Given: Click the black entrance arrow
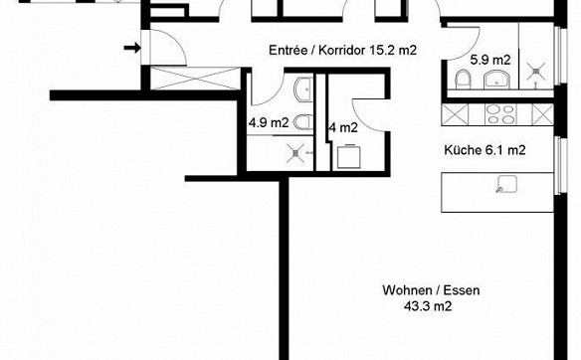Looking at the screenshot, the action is [x=132, y=48].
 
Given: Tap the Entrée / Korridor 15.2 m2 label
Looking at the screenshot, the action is [x=343, y=50].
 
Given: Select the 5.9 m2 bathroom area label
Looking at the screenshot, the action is [x=490, y=60].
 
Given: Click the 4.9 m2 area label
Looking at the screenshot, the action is [x=269, y=122].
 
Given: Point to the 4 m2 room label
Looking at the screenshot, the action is [x=343, y=127].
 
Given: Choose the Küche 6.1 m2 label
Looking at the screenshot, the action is [x=484, y=150].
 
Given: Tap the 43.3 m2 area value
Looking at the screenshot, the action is [x=429, y=306].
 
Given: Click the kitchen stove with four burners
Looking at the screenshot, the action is [x=500, y=114].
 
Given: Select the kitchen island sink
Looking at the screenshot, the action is [x=507, y=184].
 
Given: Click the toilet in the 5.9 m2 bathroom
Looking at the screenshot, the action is [x=463, y=80].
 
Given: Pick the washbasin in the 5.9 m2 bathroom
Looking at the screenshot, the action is [x=496, y=80].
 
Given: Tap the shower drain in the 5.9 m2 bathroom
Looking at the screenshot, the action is [x=536, y=72].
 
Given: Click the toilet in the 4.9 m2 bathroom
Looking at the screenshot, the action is [x=303, y=122].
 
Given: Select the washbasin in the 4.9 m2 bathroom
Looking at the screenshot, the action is [x=303, y=90].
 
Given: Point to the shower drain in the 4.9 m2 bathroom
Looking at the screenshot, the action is [x=295, y=153].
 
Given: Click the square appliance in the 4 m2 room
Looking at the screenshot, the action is [x=348, y=156].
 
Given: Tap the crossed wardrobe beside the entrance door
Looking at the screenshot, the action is [x=195, y=79].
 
